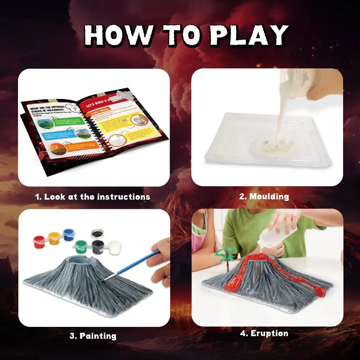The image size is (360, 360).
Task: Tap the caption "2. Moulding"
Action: coord(264,197)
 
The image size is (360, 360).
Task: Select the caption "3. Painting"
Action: coord(93,336)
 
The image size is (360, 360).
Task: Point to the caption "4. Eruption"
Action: coord(264,334)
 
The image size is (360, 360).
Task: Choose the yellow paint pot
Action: coord(54,238)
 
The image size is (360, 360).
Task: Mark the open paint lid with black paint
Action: coord(97,233)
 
